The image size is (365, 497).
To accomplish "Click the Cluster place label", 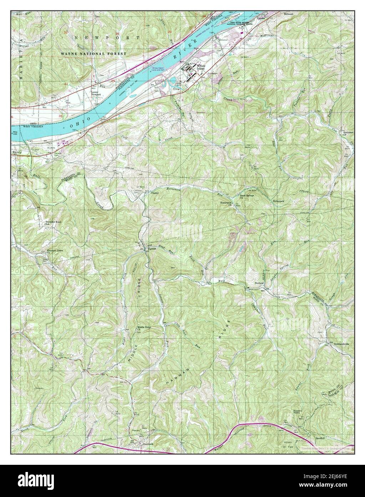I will coord(154,193).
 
